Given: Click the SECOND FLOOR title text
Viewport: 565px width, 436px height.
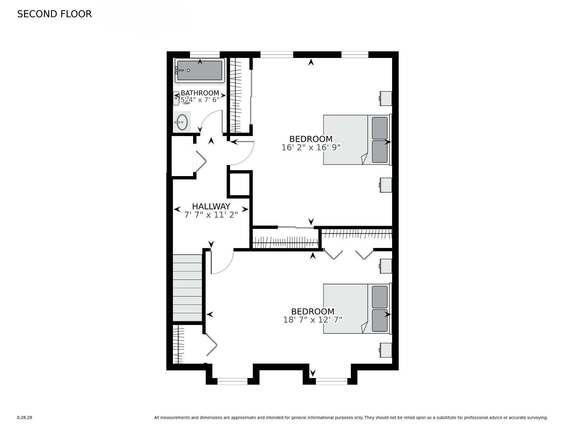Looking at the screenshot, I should [54, 14].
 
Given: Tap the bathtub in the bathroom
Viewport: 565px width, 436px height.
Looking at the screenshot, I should [200, 70].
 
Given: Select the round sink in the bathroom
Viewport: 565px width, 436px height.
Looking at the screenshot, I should [182, 122].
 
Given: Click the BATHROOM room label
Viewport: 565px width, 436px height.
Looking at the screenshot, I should [200, 93].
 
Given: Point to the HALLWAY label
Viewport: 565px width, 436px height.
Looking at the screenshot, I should [211, 206].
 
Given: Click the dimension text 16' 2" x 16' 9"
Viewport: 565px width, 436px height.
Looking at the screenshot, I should [311, 147].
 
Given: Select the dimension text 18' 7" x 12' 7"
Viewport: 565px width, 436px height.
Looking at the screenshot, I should [312, 320].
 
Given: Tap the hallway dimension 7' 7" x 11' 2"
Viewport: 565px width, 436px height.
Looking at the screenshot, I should [211, 215].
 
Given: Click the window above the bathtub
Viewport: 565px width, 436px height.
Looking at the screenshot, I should [204, 54].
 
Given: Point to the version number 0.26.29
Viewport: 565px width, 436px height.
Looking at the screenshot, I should [24, 418].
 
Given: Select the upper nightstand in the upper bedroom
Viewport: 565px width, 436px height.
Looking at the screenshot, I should [386, 98].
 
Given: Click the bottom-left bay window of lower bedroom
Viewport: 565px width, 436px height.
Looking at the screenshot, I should [232, 381].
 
